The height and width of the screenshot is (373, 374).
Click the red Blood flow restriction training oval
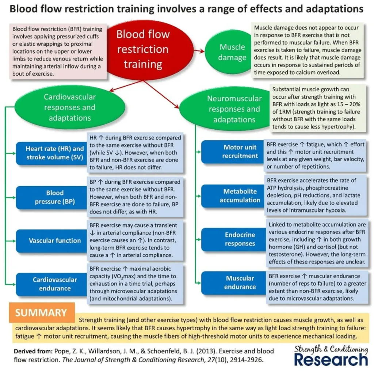(143, 49)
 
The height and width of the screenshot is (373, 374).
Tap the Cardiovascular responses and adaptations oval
(69, 107)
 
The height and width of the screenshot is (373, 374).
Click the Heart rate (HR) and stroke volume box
(51, 153)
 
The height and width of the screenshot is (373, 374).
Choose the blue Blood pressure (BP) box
(51, 197)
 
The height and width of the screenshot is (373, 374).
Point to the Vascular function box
(51, 240)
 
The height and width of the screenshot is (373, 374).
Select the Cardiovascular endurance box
(51, 284)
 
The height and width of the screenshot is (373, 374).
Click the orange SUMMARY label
(41, 312)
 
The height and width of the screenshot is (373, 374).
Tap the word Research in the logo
(331, 359)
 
